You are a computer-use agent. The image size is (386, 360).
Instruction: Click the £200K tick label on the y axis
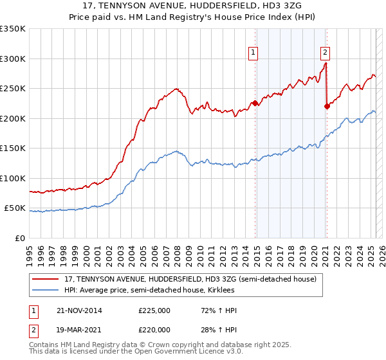12,118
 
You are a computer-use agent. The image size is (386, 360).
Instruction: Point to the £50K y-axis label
15,208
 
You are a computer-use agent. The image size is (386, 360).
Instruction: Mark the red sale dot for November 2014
255,103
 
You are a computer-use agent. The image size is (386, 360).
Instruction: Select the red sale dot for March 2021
327,106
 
